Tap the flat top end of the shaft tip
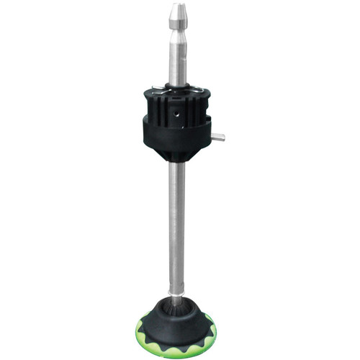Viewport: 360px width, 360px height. pos(177,5)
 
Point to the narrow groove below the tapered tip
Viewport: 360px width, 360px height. pos(177,29)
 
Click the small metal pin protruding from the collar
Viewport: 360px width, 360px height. pos(218,136)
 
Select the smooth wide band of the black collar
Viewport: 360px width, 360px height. pos(176,137)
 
